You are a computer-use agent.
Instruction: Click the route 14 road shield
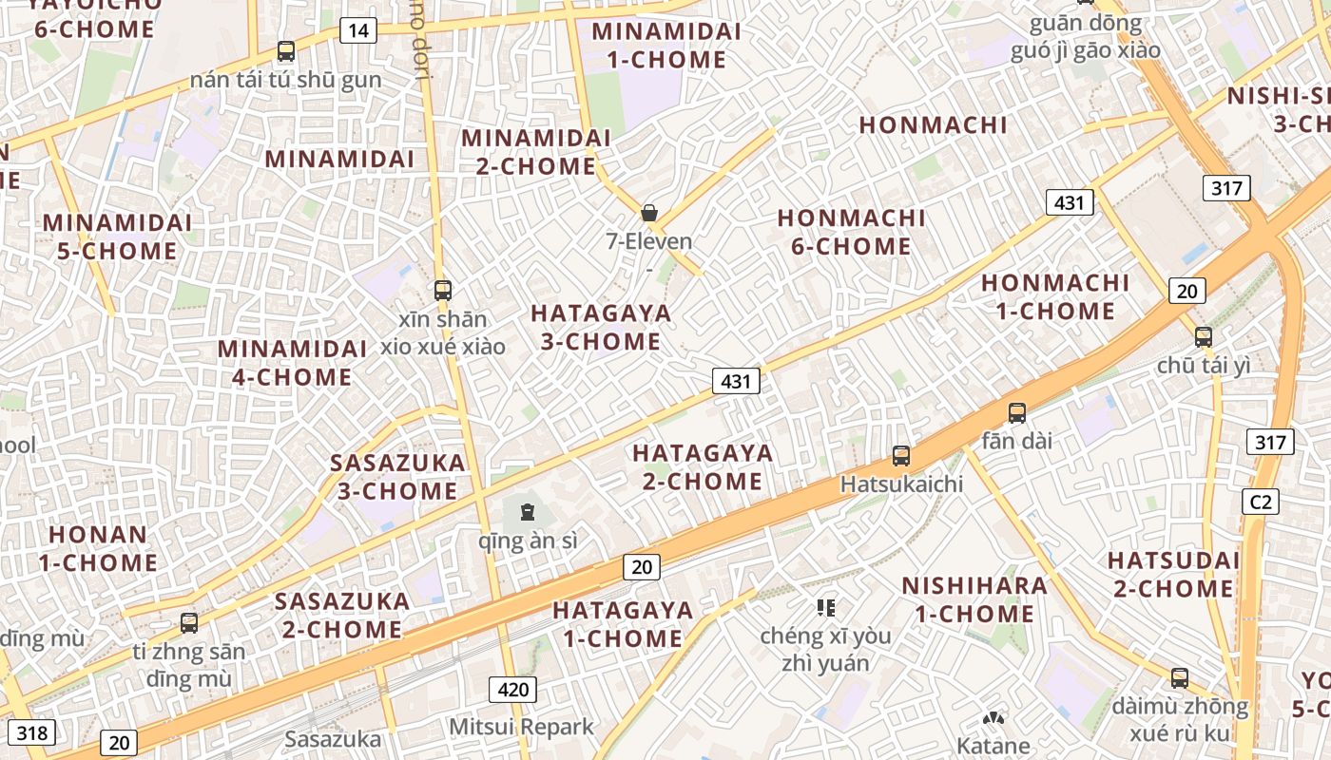[x=357, y=30]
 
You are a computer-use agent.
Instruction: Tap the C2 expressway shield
[x=1261, y=502]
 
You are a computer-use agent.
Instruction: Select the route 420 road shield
[x=512, y=689]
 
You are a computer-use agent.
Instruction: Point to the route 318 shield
[x=32, y=732]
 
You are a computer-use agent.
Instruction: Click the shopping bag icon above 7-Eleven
[x=649, y=213]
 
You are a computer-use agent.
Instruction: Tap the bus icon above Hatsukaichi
[x=901, y=456]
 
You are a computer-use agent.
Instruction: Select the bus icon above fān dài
[x=1017, y=413]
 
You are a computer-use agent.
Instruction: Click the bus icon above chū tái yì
[x=1204, y=336]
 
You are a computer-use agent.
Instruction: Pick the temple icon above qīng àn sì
[x=528, y=513]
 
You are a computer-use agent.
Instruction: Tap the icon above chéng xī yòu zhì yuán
[x=825, y=607]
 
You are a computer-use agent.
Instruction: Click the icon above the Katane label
[x=993, y=720]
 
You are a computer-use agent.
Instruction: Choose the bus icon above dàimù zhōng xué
[x=1180, y=678]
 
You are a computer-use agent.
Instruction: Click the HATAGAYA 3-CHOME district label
[x=601, y=327]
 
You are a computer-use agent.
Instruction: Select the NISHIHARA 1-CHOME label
[x=974, y=599]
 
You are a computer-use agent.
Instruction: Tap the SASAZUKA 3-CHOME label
[x=397, y=477]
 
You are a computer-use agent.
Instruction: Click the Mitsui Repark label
[x=521, y=727]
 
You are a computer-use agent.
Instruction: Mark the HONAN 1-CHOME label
[x=98, y=548]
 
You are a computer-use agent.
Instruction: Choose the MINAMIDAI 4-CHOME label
[x=292, y=363]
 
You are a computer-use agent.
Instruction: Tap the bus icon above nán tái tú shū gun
[x=286, y=51]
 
